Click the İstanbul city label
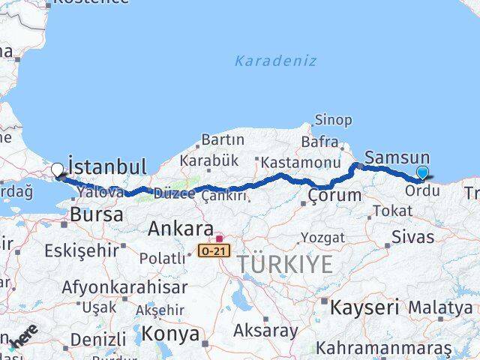coord(107,166)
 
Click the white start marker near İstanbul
coord(57,171)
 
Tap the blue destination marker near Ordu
coord(422,173)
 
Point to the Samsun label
coord(397,157)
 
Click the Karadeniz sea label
coord(275,61)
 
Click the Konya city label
coord(171,333)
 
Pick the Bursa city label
coord(96,215)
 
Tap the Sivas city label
coord(412,237)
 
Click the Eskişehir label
coord(81,250)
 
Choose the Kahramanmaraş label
coord(383,349)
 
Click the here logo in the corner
coord(25,337)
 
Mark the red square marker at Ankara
coord(219,238)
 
